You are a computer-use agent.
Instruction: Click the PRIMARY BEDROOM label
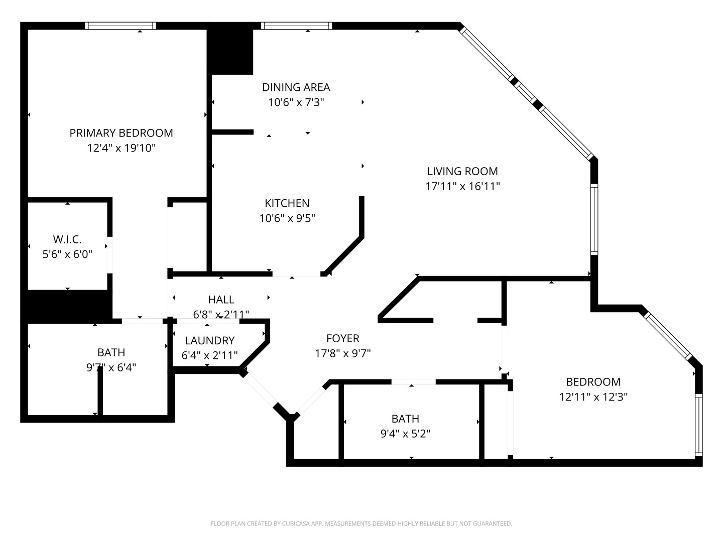(121, 133)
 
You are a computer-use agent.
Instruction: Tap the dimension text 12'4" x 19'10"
(121, 148)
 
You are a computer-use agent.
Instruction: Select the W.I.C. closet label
(67, 239)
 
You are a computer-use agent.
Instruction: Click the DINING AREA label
(296, 87)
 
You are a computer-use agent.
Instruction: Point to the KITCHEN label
(287, 203)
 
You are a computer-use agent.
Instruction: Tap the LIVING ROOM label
(462, 171)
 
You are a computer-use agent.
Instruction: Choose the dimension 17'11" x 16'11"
(462, 187)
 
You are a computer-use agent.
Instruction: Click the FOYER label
(342, 338)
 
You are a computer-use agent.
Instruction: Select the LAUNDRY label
(209, 341)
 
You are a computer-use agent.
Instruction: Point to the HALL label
(221, 300)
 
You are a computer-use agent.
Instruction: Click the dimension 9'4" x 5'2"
(405, 434)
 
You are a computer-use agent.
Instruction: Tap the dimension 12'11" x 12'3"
(593, 397)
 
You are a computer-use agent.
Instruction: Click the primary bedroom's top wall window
(120, 26)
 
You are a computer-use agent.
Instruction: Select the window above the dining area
(296, 26)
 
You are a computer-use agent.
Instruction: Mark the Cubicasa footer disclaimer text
(361, 523)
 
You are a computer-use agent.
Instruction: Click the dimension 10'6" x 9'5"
(287, 218)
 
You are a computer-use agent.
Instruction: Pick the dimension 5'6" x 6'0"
(67, 254)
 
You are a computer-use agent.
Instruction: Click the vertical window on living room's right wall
(594, 219)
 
